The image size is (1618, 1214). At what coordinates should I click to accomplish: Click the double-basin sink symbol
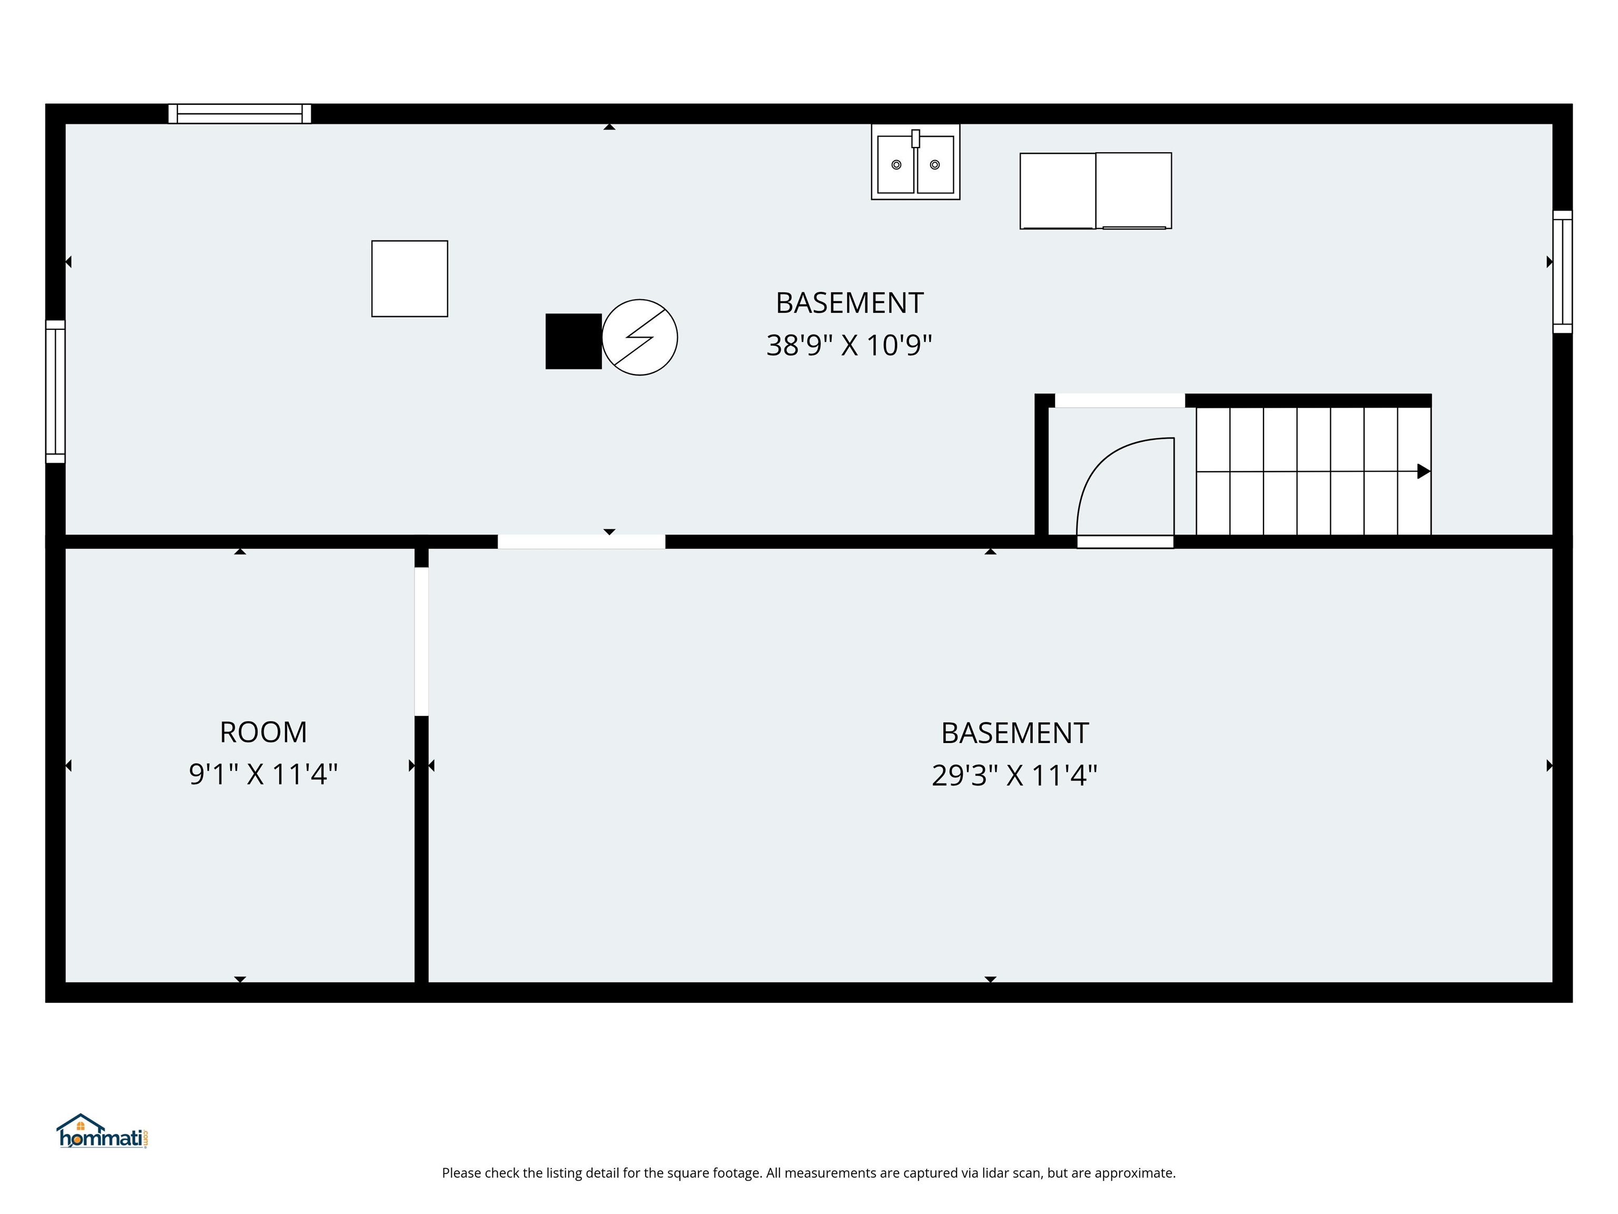tap(915, 162)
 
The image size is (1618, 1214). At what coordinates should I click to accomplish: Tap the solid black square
tap(574, 341)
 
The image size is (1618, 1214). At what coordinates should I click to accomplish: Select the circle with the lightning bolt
tap(640, 337)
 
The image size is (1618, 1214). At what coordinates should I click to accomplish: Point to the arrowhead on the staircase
tap(1424, 471)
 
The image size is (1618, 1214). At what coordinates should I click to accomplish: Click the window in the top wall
tap(240, 113)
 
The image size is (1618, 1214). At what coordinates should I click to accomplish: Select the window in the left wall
tap(56, 391)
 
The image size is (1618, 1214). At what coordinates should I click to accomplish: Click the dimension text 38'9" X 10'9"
tap(849, 346)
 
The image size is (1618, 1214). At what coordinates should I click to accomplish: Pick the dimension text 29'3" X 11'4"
tap(1014, 776)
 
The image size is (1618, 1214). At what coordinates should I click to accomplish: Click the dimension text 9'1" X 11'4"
tap(263, 774)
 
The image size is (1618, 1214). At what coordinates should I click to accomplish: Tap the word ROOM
tap(263, 732)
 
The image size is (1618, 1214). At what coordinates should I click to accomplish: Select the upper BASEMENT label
tap(849, 303)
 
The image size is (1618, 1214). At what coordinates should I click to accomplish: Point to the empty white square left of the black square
tap(410, 279)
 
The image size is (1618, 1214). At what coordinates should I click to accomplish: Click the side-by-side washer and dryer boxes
tap(1096, 191)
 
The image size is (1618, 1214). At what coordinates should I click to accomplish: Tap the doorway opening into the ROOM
tap(421, 642)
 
